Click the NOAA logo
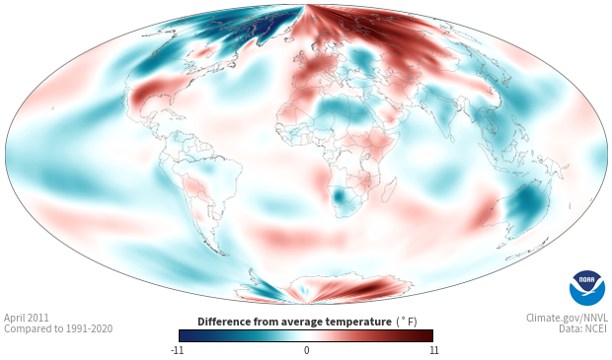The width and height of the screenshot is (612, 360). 587,288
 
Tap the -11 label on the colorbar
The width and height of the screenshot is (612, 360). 178,350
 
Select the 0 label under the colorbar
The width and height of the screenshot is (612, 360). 306,350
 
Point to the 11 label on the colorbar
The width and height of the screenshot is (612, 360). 433,350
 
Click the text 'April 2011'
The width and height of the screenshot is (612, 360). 27,318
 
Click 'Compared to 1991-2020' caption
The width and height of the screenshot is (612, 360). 58,328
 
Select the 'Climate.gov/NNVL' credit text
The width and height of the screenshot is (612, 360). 568,318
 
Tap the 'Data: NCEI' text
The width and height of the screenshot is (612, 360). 583,328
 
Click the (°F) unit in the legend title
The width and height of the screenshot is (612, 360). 407,323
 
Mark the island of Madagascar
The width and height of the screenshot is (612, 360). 390,189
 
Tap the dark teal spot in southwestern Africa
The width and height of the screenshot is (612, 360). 338,194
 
